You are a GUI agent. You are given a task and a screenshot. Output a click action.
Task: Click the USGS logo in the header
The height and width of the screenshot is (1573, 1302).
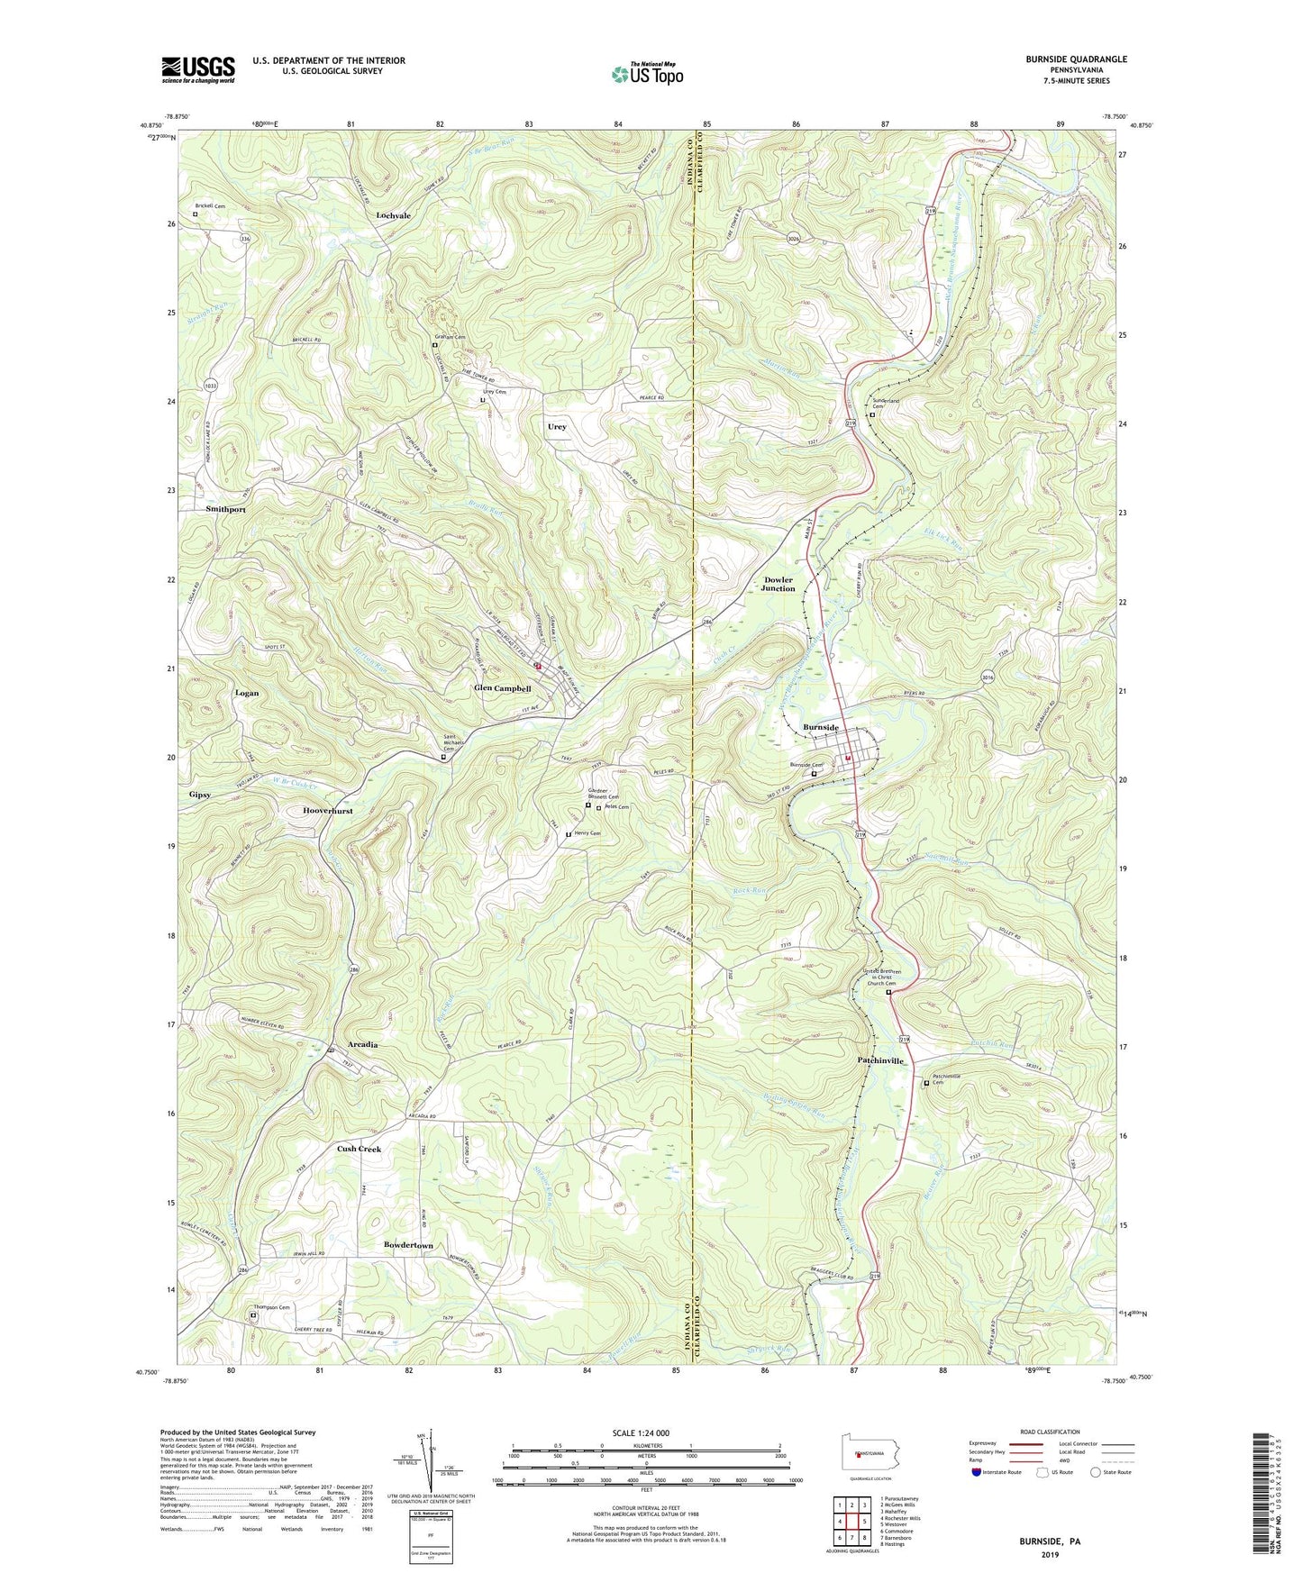point(197,69)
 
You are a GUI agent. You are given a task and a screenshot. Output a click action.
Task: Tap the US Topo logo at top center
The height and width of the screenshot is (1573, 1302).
point(646,74)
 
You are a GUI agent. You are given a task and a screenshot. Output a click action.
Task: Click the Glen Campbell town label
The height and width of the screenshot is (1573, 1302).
point(503,688)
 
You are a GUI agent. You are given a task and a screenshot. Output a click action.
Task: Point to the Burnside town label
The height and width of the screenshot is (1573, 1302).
point(821,727)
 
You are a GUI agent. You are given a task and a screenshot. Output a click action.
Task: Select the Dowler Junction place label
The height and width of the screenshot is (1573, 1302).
point(778,584)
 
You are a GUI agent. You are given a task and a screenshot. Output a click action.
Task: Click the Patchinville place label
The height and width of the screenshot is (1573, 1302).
point(880,1061)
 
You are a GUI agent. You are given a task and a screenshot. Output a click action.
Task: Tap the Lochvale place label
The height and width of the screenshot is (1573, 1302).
point(394,216)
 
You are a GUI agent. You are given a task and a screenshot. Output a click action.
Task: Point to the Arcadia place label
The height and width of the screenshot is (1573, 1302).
point(358,1045)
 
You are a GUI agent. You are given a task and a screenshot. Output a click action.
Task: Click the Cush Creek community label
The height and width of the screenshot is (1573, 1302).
point(359,1149)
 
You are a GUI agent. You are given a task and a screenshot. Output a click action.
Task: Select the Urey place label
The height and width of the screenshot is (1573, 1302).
point(557,426)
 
